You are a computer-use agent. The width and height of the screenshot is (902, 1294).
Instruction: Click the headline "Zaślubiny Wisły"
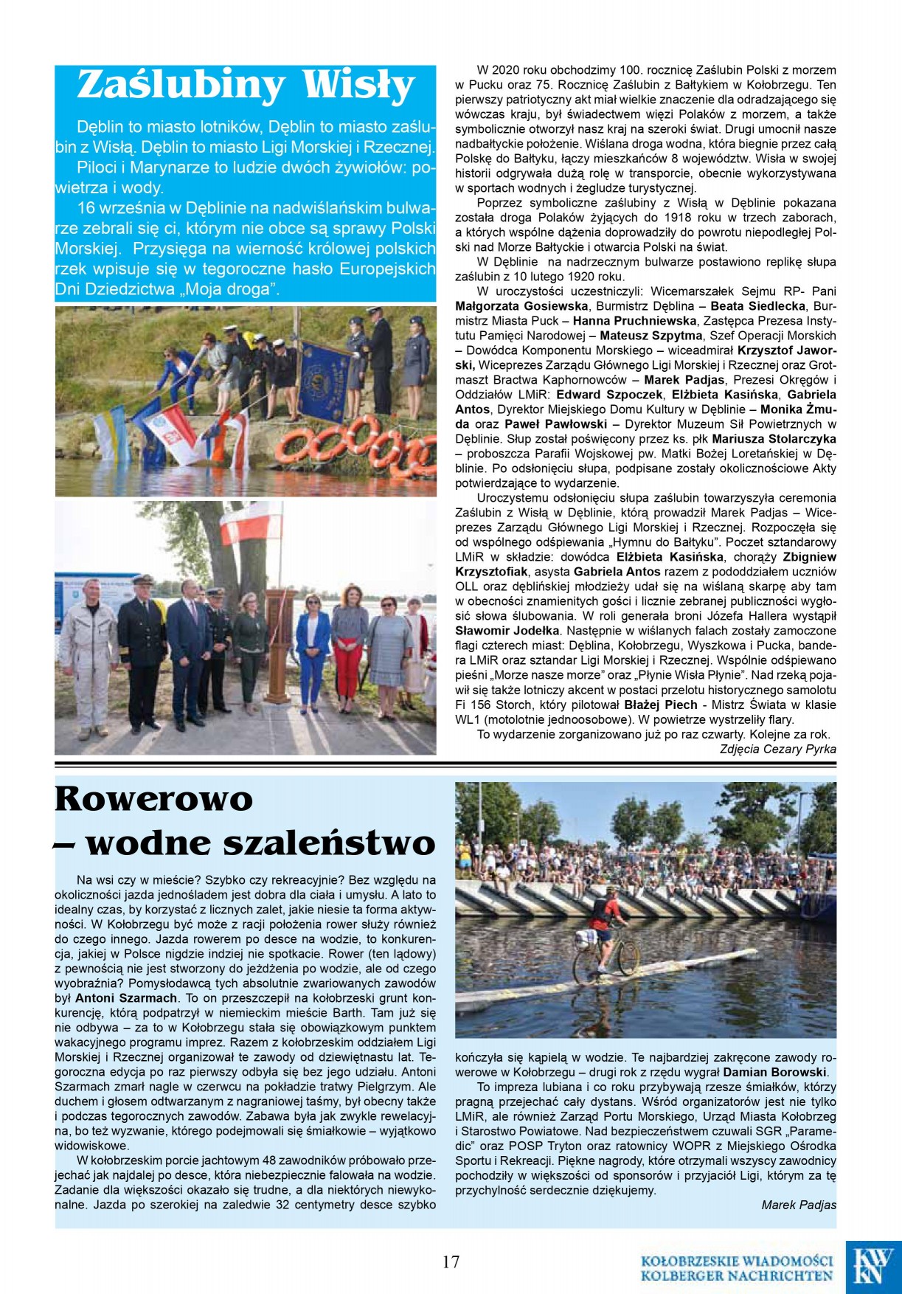tap(246, 86)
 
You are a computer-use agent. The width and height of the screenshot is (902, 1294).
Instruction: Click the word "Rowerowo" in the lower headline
tap(154, 799)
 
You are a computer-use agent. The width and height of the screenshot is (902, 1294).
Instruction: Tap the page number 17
tap(451, 1261)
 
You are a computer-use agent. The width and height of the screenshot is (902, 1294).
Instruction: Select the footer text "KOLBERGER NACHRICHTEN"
tap(736, 1276)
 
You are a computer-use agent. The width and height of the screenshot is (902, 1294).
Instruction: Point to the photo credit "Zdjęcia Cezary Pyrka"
tap(778, 749)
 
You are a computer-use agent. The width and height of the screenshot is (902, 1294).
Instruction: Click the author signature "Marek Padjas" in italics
tap(799, 1205)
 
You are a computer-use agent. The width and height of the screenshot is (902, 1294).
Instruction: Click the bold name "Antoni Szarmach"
tap(126, 998)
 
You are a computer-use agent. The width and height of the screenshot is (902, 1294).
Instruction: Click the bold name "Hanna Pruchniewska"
tap(634, 321)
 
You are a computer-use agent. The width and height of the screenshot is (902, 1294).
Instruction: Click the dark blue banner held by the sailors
tap(325, 370)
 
